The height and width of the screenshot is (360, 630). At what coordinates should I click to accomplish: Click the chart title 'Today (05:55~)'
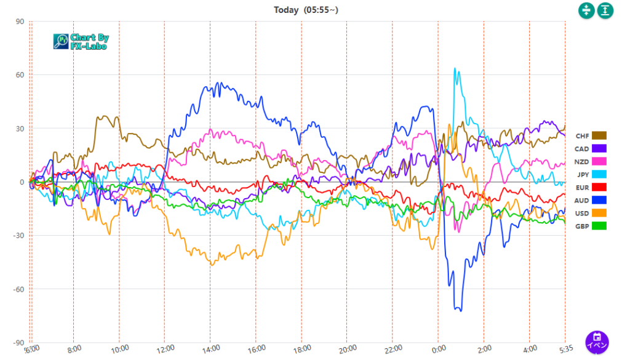pos(306,10)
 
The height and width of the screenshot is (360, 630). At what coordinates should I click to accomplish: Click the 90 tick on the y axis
pos(19,22)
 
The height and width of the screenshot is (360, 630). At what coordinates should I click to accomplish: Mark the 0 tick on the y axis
pos(21,182)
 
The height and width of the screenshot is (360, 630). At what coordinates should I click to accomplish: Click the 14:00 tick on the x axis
pos(210,348)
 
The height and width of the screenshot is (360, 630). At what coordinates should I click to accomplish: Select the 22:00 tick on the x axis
pos(392,348)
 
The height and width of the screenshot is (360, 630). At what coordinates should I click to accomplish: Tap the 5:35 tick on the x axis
pos(565,348)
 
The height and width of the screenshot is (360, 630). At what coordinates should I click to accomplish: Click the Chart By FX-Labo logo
pos(80,41)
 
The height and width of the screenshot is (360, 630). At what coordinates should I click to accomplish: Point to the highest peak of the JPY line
pos(455,68)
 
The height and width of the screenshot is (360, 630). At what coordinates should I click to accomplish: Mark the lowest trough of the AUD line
pos(460,310)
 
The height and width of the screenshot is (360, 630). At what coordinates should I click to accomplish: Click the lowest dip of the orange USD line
pos(212,265)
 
